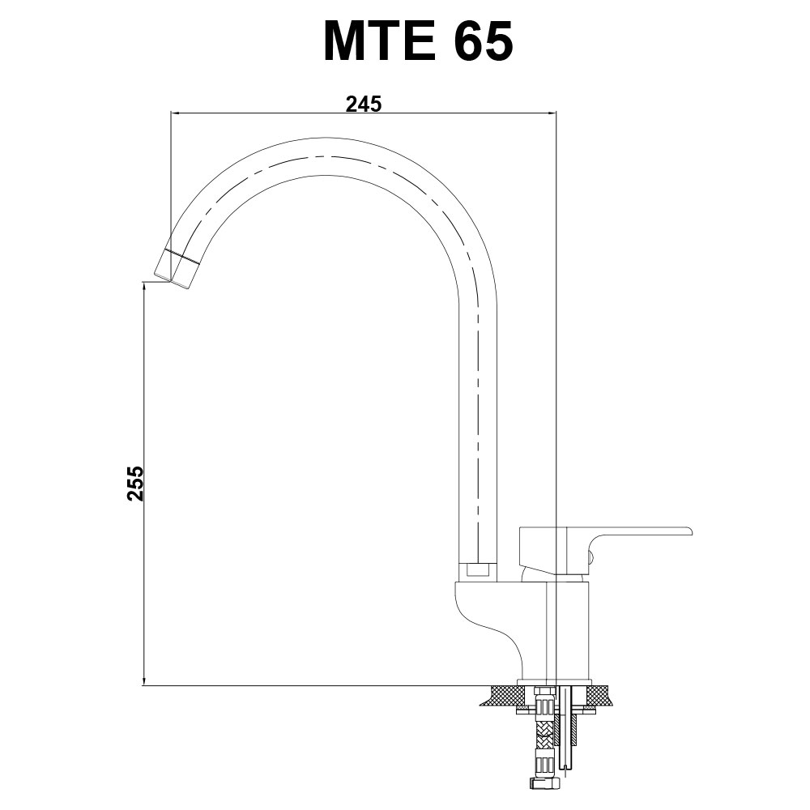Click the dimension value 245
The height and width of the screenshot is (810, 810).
pyautogui.click(x=364, y=104)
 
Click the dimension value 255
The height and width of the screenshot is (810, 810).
pyautogui.click(x=135, y=484)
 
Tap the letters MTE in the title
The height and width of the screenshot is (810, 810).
pyautogui.click(x=380, y=41)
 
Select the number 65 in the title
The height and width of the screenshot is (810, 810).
pyautogui.click(x=484, y=41)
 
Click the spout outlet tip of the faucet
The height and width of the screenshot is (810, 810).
pyautogui.click(x=173, y=282)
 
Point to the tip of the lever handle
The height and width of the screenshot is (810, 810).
pyautogui.click(x=690, y=531)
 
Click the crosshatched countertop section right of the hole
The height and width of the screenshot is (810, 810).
pyautogui.click(x=599, y=695)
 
